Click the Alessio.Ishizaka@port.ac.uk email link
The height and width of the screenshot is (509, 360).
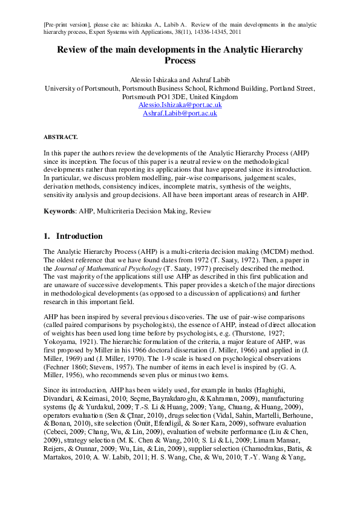pos(180,105)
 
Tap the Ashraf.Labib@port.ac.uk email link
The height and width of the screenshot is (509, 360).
pos(180,113)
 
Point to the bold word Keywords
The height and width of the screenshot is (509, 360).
pos(59,212)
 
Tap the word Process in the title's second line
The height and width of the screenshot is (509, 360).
pos(180,60)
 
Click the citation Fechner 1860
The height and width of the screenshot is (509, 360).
pos(67,365)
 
